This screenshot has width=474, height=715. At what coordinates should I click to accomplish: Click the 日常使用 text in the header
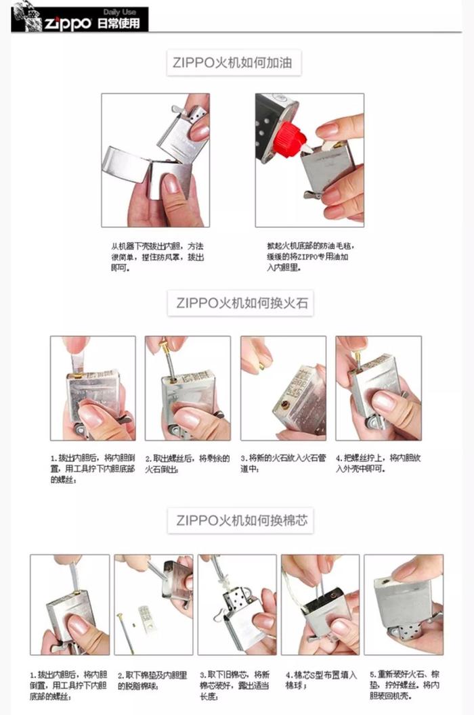[x=118, y=24]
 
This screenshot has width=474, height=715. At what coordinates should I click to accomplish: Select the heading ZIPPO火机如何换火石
[x=241, y=302]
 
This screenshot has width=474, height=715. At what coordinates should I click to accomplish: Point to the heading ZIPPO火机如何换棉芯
[x=241, y=521]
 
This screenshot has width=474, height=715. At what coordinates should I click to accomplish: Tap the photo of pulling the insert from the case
[x=155, y=160]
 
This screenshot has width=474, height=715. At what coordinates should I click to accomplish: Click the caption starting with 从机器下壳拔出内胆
[x=157, y=257]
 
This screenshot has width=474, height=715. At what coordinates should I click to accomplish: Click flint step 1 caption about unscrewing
[x=92, y=468]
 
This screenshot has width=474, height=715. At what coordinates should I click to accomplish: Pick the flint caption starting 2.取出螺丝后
[x=187, y=463]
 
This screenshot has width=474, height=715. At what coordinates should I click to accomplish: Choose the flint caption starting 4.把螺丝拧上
[x=378, y=463]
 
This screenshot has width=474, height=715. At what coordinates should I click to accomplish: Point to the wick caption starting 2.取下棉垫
[x=152, y=680]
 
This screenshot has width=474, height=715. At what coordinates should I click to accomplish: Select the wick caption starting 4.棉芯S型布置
[x=321, y=680]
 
